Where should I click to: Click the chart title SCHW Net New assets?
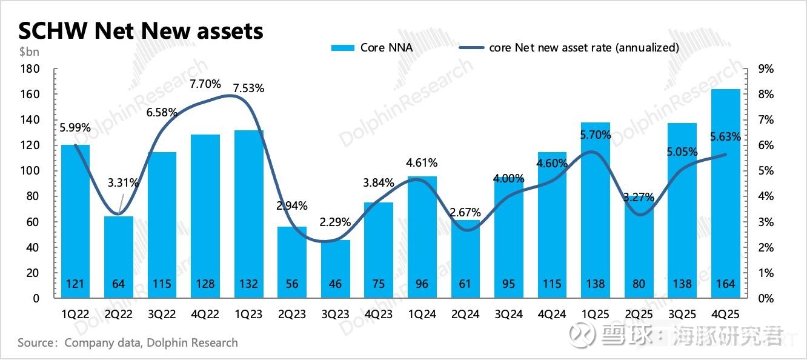click(x=141, y=30)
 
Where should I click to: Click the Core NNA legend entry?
click(x=373, y=47)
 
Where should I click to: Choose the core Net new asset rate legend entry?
click(x=570, y=47)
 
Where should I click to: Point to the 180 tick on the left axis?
click(x=30, y=69)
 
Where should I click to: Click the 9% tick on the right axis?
click(x=766, y=69)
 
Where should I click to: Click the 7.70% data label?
click(x=205, y=84)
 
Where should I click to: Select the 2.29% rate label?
click(x=335, y=222)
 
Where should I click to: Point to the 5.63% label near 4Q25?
click(x=725, y=137)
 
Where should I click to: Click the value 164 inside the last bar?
click(x=725, y=284)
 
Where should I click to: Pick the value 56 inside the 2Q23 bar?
click(x=292, y=284)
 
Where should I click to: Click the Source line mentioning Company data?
click(x=128, y=343)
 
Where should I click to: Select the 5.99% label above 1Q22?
click(x=75, y=127)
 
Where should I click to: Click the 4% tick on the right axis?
click(x=766, y=196)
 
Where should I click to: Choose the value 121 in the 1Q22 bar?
click(x=75, y=284)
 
